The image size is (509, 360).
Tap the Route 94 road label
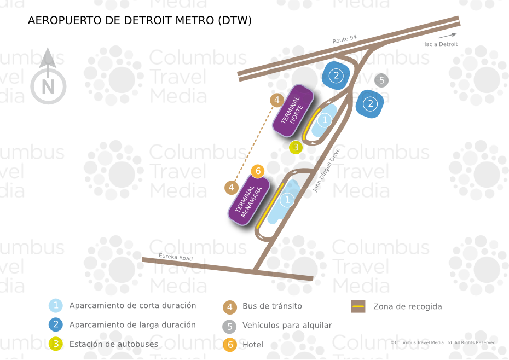344,39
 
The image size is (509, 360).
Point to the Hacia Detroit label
439,44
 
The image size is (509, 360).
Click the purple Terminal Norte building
293,111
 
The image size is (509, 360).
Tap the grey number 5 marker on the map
381,80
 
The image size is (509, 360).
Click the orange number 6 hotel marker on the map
258,171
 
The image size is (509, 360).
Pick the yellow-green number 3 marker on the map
296,147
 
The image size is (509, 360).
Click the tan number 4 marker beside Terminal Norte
277,100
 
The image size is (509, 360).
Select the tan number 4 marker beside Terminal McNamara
232,188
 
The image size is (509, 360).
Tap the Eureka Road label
175,257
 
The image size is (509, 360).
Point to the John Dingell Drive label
327,170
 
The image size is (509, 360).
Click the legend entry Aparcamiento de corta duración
132,306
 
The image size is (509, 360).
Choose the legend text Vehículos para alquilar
287,326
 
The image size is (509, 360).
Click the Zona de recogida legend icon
358,306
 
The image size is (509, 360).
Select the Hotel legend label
253,345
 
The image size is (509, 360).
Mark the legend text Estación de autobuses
113,345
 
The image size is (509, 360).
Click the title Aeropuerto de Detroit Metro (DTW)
140,21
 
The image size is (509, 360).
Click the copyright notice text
443,343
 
